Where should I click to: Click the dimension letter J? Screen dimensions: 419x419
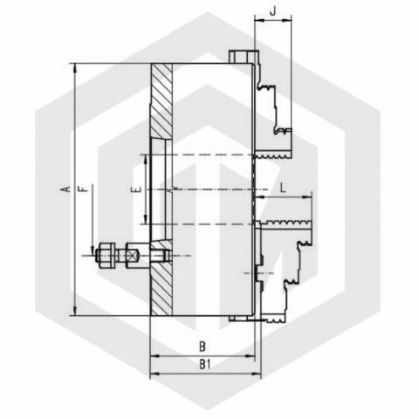272,11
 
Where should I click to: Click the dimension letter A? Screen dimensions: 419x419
67,189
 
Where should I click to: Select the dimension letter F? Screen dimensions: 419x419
84,189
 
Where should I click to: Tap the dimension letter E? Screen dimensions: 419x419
136,189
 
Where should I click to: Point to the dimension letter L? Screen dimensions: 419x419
283,188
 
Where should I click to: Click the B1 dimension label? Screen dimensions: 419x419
205,364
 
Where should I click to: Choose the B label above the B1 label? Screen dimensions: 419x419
203,347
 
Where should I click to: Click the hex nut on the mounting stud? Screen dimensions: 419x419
105,256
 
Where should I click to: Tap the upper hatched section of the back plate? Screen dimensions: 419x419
161,100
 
